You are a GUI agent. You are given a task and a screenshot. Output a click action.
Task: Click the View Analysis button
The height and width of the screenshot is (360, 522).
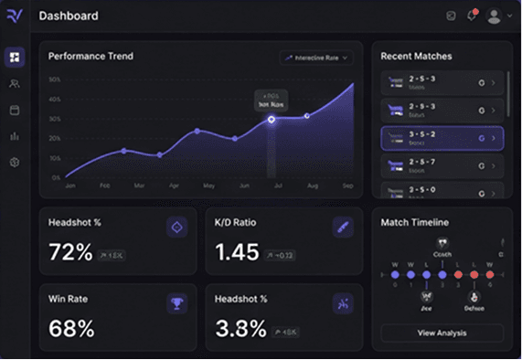pos(442,333)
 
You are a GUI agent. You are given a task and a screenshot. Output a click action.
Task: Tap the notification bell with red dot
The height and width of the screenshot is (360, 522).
pos(472,16)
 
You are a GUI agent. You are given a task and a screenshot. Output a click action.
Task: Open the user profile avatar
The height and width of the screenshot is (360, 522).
pos(495,16)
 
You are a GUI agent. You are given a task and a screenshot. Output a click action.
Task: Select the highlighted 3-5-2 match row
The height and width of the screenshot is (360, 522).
pos(442,138)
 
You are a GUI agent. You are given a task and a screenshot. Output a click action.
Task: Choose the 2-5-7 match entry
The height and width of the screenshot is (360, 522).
pos(442,165)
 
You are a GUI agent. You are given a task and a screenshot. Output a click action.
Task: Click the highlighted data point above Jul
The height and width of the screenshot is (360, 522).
pos(272,120)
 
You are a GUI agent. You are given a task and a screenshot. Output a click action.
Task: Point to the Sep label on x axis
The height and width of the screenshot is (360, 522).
pos(347,185)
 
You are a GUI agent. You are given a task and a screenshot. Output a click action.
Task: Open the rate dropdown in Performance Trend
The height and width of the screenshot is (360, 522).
pos(315,58)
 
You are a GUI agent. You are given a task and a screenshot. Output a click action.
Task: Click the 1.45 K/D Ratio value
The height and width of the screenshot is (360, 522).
pos(234,252)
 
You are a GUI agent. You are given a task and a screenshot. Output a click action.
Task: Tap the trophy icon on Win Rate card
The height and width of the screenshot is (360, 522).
pos(176,303)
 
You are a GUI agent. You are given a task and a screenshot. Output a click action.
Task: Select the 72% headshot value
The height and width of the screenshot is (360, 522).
pos(70,252)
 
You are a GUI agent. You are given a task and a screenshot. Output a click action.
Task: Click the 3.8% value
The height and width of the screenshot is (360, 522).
pos(239,328)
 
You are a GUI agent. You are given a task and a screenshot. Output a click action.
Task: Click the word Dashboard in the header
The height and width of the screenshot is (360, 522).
pos(69,16)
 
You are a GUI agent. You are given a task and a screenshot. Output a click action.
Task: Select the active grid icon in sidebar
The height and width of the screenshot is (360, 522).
pos(14,57)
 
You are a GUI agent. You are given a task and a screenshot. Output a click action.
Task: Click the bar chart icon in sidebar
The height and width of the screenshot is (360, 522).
pos(14,136)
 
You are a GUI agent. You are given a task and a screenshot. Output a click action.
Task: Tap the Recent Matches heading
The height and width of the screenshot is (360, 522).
pos(417,57)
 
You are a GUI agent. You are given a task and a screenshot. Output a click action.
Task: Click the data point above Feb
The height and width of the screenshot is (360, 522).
pos(124,151)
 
